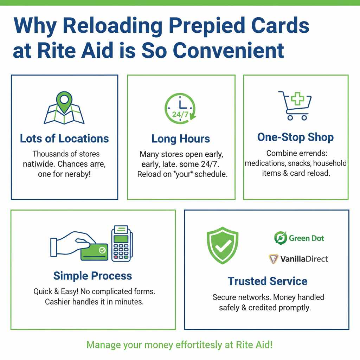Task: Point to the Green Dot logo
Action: tap(299, 238)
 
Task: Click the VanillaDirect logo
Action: tap(298, 259)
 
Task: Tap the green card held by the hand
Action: tap(94, 252)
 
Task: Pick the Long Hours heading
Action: tap(180, 139)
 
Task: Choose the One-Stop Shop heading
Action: tap(295, 137)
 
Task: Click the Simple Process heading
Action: tap(93, 276)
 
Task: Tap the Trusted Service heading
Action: tap(267, 281)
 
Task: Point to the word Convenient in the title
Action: tap(228, 50)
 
